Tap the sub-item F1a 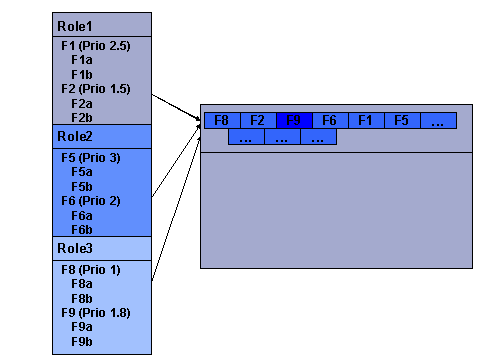click(x=82, y=60)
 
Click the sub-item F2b click(x=82, y=117)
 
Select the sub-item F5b click(x=82, y=186)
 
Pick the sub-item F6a click(x=82, y=214)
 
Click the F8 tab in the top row click(x=222, y=120)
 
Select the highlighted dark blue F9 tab click(x=294, y=120)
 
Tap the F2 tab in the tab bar click(x=258, y=120)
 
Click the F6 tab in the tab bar click(x=330, y=120)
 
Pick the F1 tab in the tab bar click(x=366, y=120)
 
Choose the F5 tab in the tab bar click(x=402, y=120)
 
